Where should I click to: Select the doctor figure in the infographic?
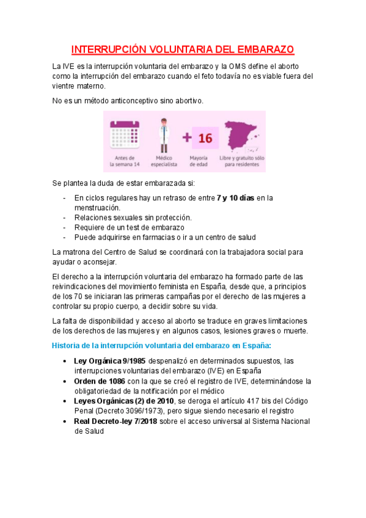tap(163, 136)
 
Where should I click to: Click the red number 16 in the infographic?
tap(205, 138)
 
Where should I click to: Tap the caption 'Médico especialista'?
tap(163, 161)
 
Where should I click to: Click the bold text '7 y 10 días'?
tap(235, 197)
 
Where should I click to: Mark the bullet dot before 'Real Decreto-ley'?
tap(65, 421)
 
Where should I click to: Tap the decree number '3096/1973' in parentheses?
tap(148, 411)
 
